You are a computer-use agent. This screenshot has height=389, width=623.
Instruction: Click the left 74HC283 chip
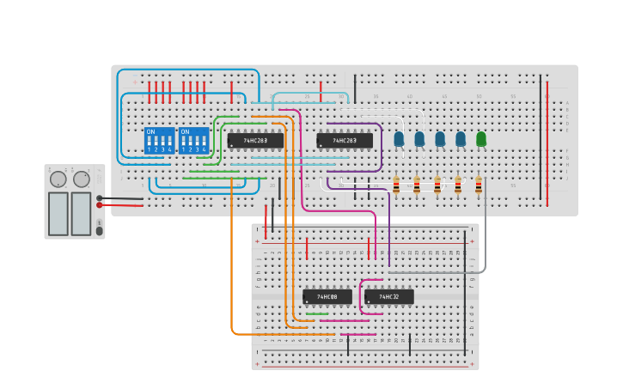255,140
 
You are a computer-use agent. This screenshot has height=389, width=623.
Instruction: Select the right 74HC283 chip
345,140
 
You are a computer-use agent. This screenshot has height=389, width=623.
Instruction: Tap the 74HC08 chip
327,296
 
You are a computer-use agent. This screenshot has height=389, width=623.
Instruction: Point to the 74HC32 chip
389,296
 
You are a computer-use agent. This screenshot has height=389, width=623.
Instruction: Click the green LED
481,138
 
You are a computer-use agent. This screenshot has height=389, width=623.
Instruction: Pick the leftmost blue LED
399,138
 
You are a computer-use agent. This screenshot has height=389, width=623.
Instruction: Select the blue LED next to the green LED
461,138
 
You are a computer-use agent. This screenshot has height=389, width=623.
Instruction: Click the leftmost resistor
396,185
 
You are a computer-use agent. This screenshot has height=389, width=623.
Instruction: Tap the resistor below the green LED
479,185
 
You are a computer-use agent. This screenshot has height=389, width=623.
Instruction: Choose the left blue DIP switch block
159,141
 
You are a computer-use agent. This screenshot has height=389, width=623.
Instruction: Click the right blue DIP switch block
193,141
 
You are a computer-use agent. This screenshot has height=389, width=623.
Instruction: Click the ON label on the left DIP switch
151,131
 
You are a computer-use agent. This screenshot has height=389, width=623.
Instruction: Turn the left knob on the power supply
58,179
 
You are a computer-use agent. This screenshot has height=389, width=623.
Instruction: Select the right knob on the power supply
82,179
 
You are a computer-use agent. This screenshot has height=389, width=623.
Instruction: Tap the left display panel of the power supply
58,213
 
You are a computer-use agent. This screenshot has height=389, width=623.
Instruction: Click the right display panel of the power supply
81,213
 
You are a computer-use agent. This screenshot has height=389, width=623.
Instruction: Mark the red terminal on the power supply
100,205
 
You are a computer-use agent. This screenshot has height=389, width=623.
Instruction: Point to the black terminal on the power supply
100,198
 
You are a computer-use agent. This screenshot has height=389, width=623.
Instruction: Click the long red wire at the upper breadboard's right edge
547,142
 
